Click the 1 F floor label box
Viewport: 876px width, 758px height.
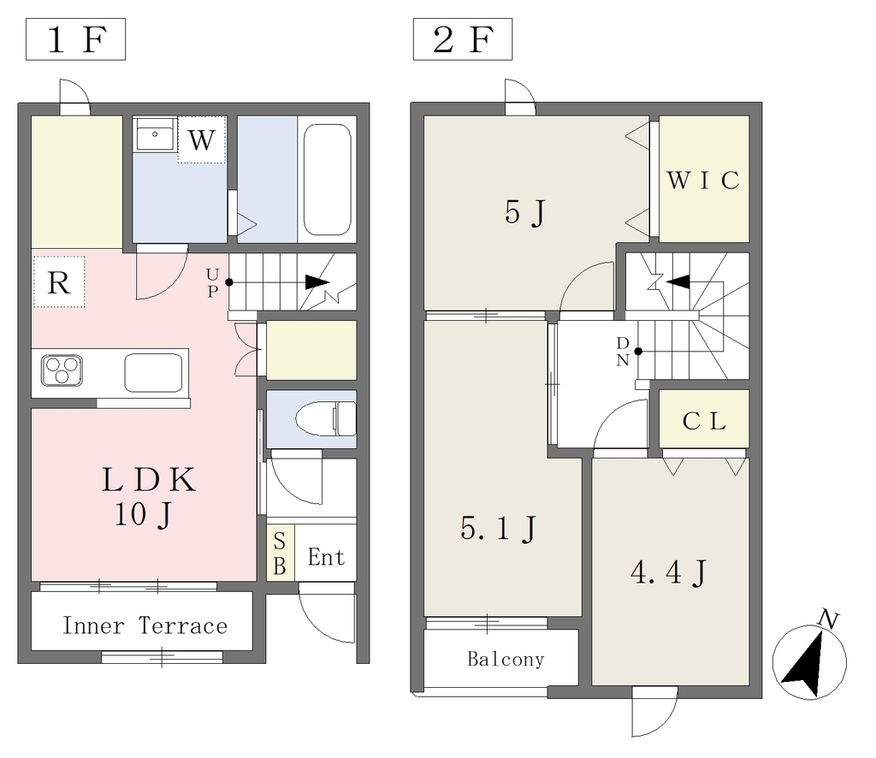tap(75, 39)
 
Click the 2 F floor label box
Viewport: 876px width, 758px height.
tap(463, 39)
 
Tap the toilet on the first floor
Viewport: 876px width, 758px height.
tap(326, 418)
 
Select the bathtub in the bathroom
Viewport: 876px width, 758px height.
tap(327, 180)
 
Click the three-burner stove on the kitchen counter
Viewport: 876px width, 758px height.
tap(62, 370)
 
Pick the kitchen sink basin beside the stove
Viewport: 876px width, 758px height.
tap(153, 372)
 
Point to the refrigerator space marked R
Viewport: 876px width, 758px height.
tap(59, 282)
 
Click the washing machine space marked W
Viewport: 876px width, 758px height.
tap(202, 139)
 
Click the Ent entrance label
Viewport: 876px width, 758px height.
tap(326, 557)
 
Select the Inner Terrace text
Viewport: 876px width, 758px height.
tap(145, 625)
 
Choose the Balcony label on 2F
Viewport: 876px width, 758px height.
tap(506, 660)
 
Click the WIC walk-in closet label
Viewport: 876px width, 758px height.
tap(703, 180)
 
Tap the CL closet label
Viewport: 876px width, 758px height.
tap(704, 421)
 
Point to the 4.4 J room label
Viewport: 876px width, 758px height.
tap(669, 572)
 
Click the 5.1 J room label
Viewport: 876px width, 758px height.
tap(499, 529)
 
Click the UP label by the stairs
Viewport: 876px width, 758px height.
tap(212, 282)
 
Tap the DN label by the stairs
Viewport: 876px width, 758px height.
tap(623, 352)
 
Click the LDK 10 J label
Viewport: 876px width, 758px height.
tap(148, 496)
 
